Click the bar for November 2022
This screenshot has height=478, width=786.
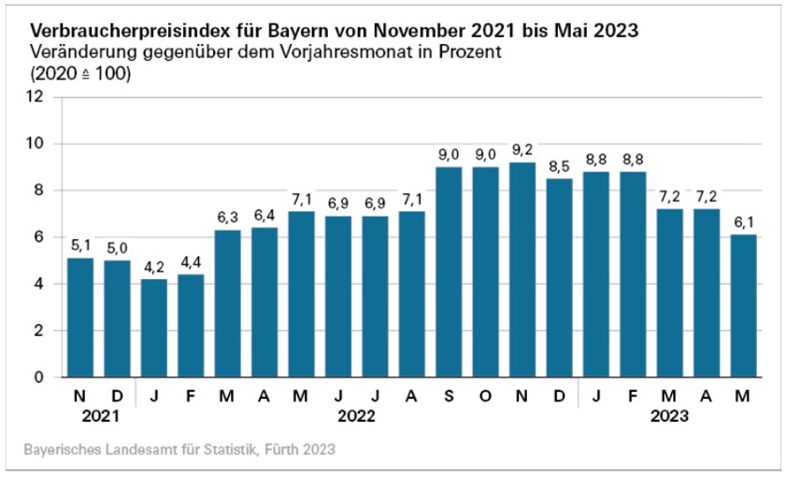pos(523,271)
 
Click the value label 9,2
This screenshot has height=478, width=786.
pos(523,150)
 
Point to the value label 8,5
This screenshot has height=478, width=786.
pos(560,166)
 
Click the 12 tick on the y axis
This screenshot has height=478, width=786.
pos(36,97)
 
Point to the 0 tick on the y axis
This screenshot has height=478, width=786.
pos(41,377)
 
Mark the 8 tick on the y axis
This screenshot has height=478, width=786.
pos(41,190)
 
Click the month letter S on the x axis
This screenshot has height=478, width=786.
pos(450,396)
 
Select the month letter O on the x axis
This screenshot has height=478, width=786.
pos(486,396)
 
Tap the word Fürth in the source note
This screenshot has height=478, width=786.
pos(285,450)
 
